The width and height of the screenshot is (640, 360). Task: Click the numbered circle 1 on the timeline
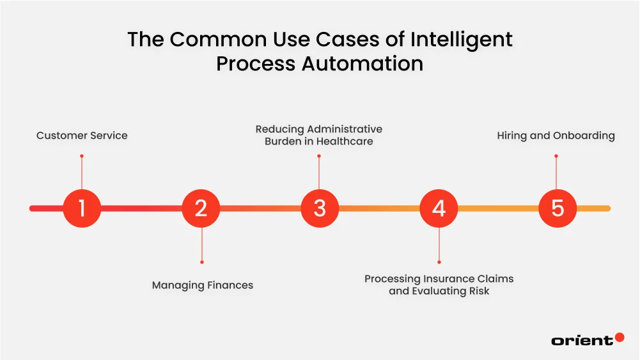click(82, 208)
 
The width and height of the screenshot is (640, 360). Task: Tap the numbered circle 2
click(201, 208)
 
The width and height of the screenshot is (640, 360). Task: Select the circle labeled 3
click(320, 208)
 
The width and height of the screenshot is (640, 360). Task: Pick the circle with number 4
click(439, 208)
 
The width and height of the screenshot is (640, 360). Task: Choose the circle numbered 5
click(558, 208)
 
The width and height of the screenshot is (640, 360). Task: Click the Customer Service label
click(82, 136)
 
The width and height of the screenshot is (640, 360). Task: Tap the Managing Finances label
click(202, 285)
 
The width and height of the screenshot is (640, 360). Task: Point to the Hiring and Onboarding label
click(556, 136)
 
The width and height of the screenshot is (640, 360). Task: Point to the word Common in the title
click(203, 40)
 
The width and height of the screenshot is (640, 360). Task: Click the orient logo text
click(581, 341)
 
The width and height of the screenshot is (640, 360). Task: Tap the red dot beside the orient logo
click(619, 337)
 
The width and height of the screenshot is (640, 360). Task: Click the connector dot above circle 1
click(82, 155)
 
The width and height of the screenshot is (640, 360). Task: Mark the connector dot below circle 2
click(201, 262)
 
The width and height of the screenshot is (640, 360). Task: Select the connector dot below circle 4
click(439, 262)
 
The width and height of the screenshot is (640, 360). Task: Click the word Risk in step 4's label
click(478, 291)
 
